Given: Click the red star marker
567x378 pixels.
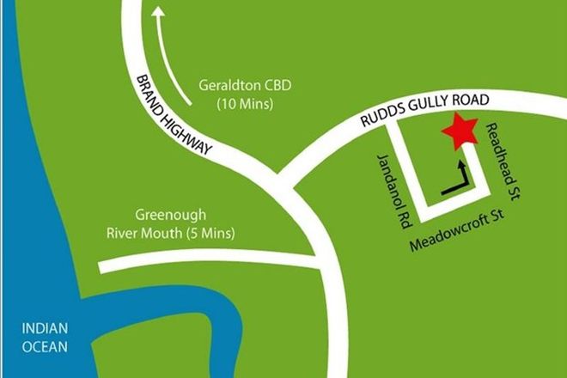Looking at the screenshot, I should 460,131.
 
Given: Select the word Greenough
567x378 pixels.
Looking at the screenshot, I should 171,215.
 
